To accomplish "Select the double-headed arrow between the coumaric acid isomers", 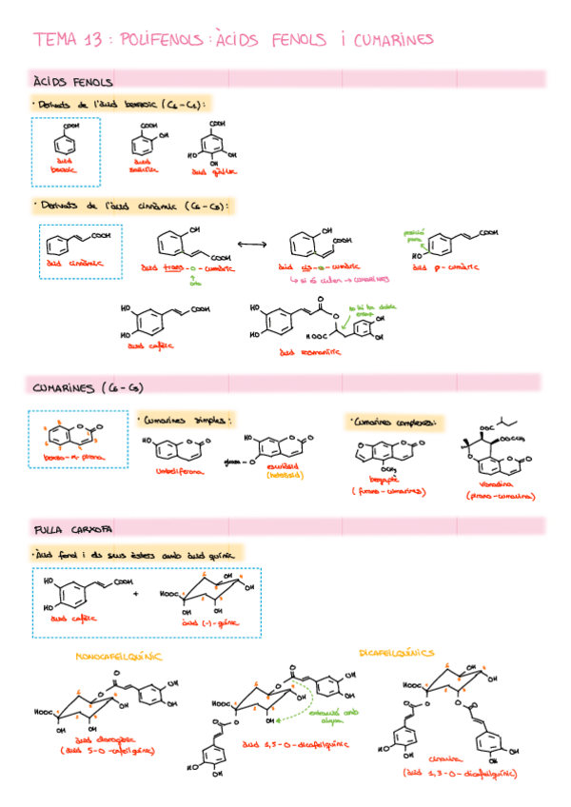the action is (250, 245).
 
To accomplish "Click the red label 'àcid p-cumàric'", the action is (446, 267).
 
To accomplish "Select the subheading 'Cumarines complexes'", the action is (392, 422).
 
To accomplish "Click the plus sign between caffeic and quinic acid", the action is (135, 594).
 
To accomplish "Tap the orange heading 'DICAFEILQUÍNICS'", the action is (396, 653).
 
